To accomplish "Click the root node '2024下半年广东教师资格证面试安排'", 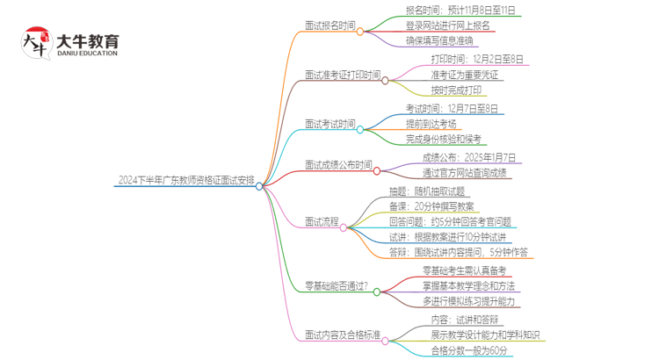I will [185, 181].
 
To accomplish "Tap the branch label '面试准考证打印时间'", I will [344, 76].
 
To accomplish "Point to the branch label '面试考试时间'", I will [331, 125].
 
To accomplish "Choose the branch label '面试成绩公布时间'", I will [338, 164].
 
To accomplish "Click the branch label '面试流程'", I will [322, 224].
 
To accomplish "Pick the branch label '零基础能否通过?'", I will [337, 286].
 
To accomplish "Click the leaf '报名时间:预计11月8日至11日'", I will [460, 11].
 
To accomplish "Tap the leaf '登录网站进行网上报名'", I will [445, 25].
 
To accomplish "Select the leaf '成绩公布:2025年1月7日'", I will [468, 157].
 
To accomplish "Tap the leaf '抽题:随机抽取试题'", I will [427, 191].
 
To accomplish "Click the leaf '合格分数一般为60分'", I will [469, 349].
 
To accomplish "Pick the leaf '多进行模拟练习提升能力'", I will [469, 301].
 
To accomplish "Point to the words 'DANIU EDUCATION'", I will [87, 54].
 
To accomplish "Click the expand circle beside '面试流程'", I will [348, 227].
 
